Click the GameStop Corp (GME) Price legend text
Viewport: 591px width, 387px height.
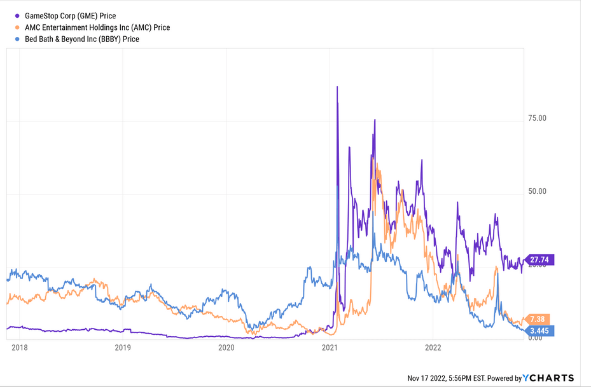[70, 15]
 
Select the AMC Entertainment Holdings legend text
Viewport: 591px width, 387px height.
[97, 27]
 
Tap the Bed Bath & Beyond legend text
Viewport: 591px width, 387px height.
[81, 39]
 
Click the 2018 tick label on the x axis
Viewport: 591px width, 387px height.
[19, 348]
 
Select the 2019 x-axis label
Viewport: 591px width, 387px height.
[123, 348]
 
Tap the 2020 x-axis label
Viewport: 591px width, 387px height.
[226, 348]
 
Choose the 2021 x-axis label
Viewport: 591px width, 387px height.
[330, 348]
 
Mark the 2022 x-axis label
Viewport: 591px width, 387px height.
[433, 348]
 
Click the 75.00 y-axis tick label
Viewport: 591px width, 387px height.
[538, 118]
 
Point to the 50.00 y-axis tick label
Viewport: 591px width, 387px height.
[538, 191]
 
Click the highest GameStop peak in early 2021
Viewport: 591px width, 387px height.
[337, 87]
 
